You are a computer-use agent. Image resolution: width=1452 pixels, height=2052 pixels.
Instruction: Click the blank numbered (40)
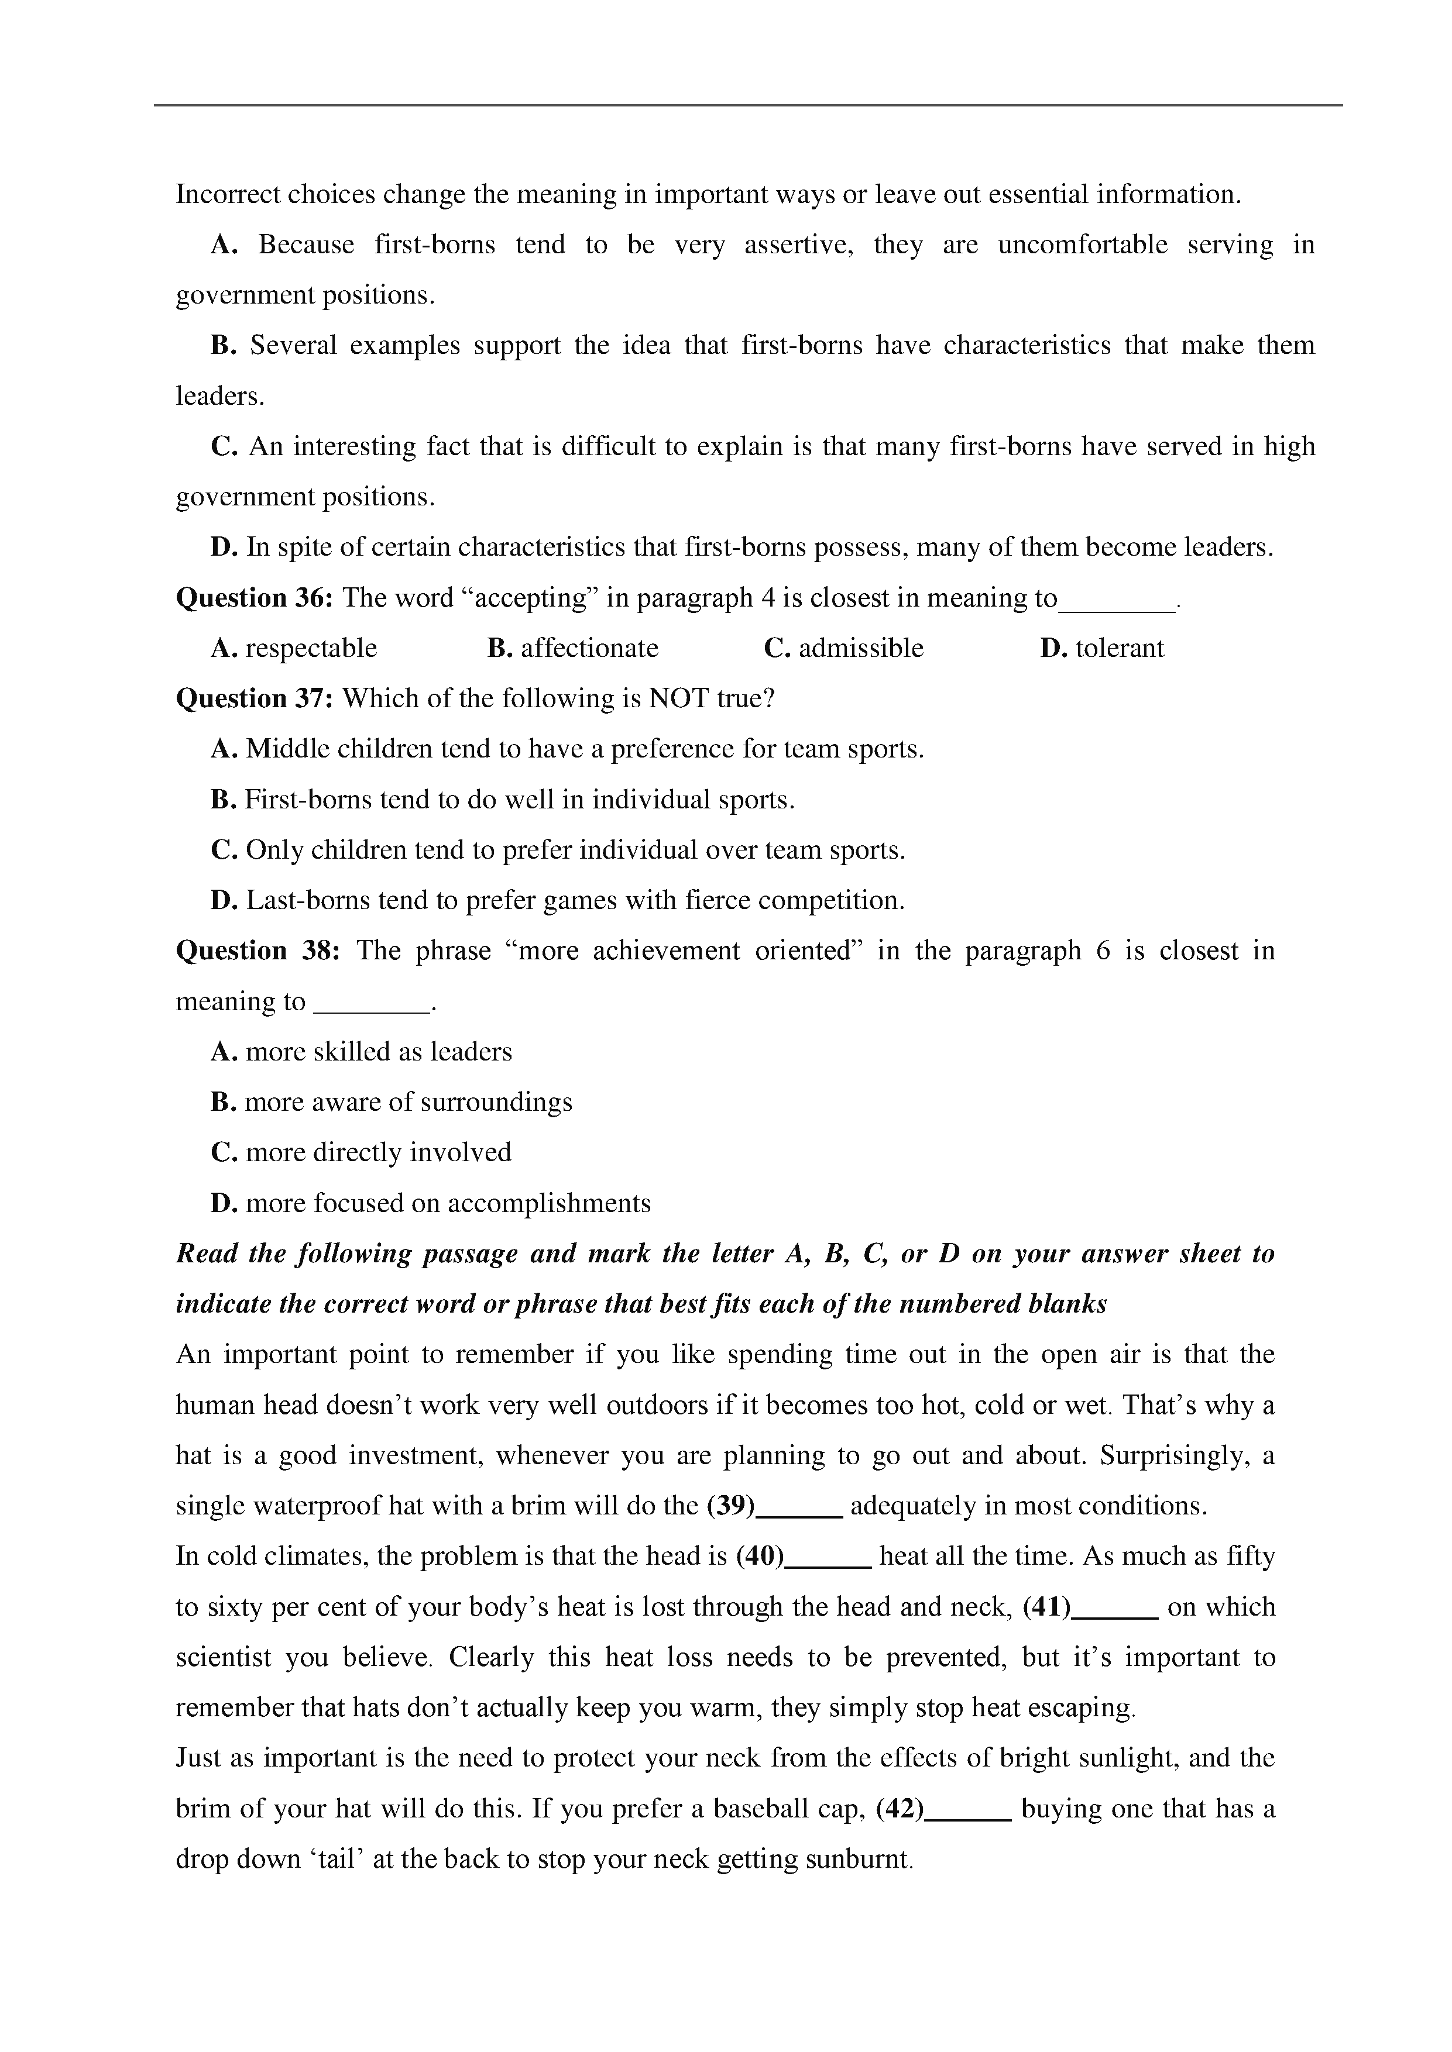coord(829,1557)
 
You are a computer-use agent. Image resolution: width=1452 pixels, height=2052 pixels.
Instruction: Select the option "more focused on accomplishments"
coord(447,1203)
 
